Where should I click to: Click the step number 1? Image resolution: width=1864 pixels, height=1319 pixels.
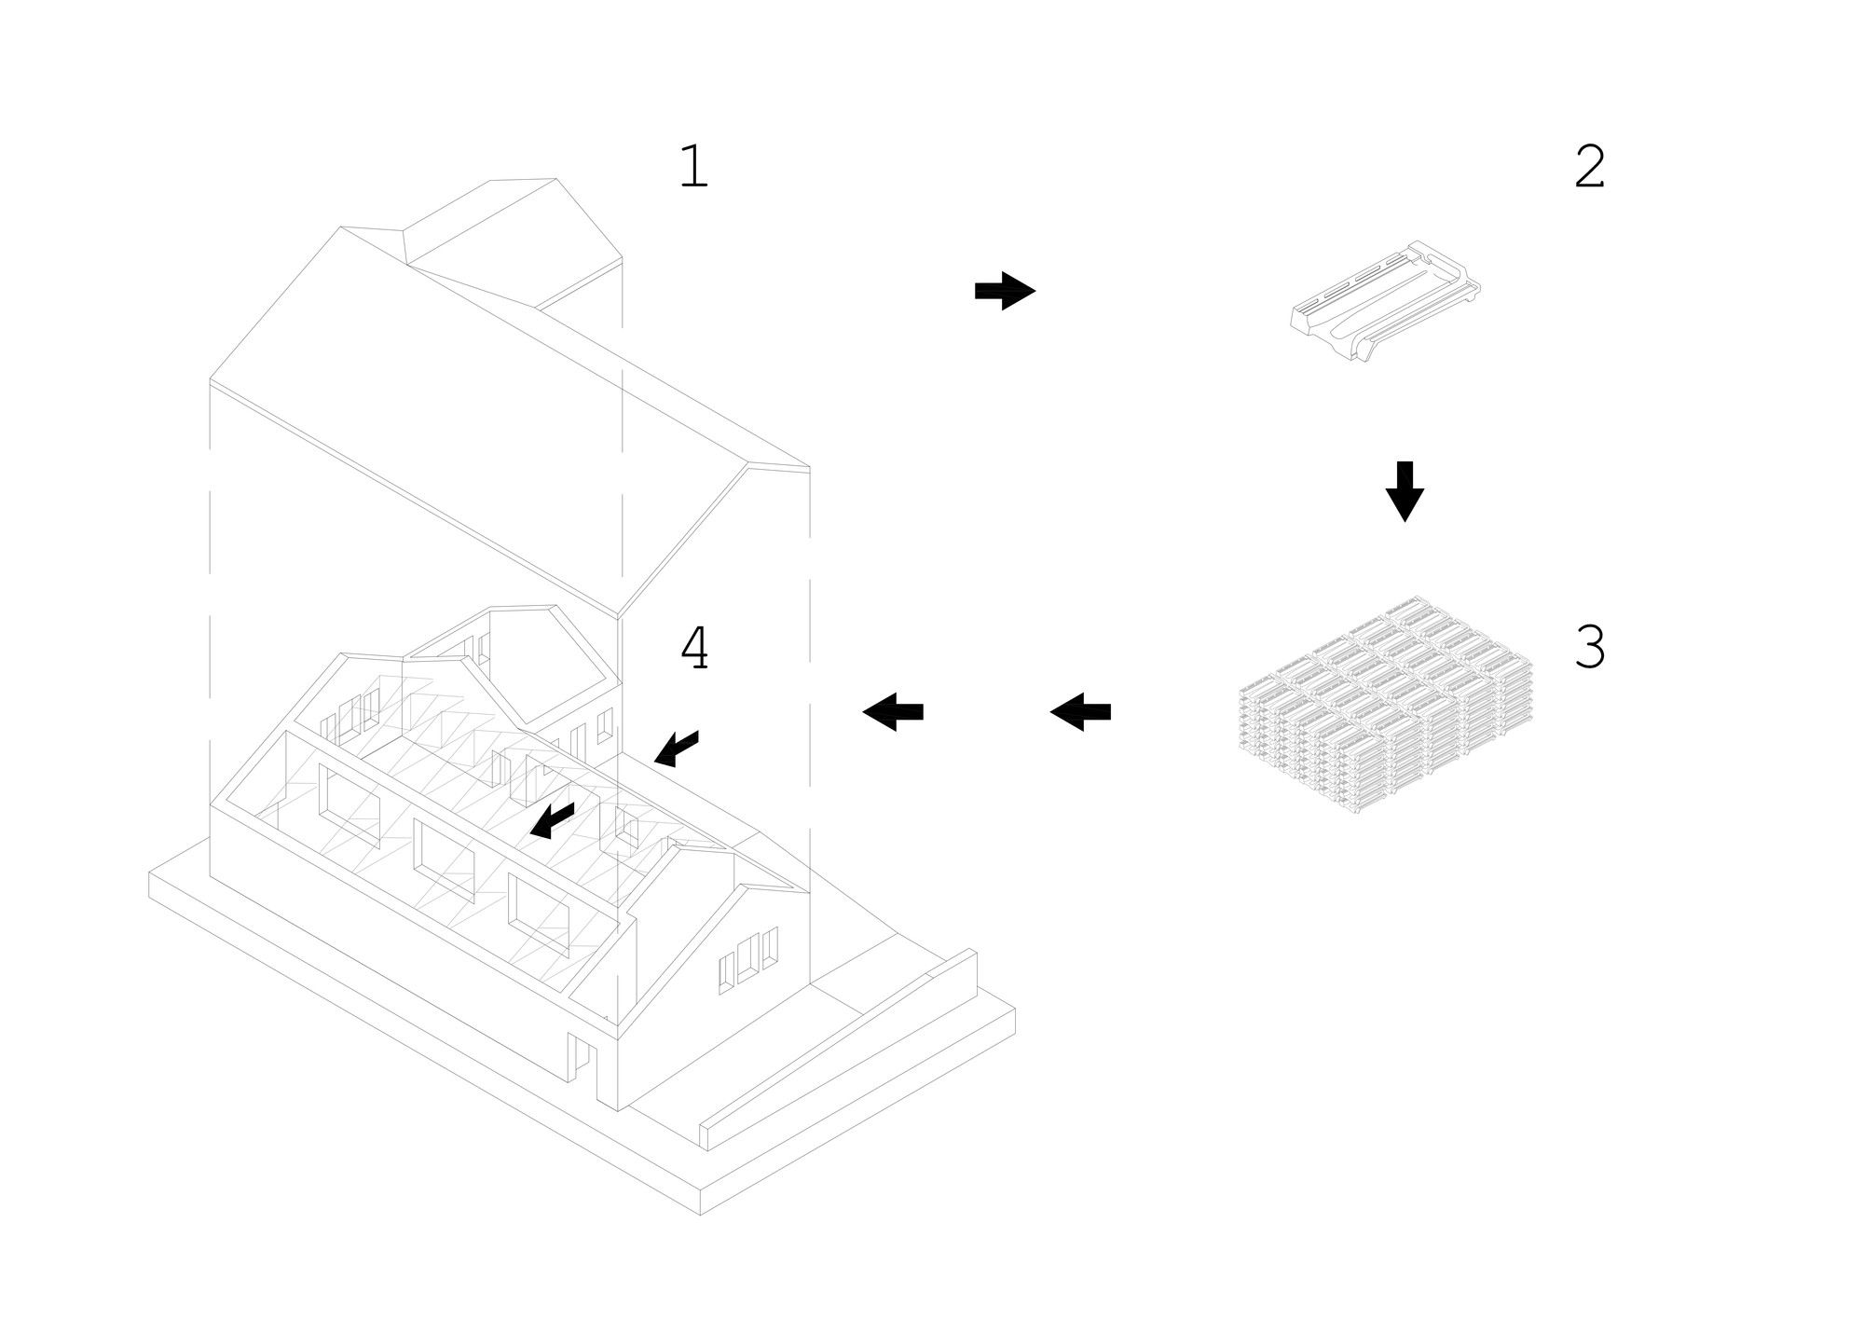693,167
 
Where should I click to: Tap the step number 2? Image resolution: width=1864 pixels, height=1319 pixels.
1589,167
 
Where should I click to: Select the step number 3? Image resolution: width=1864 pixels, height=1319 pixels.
1589,647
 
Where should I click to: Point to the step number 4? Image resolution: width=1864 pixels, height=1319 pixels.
694,648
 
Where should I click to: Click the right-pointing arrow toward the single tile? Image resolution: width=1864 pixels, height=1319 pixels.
1005,291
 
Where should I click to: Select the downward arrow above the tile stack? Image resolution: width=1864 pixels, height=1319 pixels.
1405,491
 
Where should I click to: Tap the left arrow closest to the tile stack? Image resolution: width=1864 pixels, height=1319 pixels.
1080,712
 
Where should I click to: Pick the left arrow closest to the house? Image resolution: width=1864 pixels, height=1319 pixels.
893,712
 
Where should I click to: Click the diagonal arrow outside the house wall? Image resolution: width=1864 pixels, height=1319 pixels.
677,749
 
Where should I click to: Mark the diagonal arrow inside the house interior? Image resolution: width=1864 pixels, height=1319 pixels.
552,819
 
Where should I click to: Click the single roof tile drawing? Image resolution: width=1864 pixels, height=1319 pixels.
1385,300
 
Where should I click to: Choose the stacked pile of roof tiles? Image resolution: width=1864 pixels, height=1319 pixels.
1385,713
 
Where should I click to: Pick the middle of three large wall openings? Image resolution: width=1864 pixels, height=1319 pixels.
444,857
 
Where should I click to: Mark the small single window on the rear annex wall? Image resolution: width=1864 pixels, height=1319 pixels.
605,725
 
